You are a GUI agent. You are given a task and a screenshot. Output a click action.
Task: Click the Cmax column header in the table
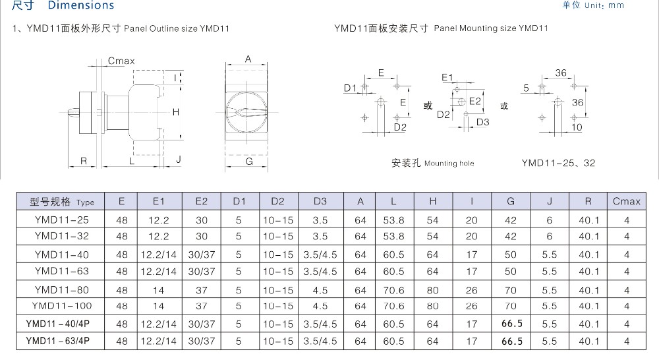[626, 202]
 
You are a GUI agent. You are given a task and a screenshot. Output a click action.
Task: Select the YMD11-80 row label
[62, 289]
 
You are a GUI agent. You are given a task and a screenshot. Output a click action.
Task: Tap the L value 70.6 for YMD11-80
[393, 290]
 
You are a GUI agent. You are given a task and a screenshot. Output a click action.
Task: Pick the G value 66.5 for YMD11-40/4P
[511, 324]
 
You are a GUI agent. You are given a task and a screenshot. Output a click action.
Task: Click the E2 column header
[201, 202]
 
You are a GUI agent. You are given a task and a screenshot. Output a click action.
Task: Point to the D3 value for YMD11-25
[320, 220]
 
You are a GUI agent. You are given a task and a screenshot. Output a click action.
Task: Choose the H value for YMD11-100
[432, 306]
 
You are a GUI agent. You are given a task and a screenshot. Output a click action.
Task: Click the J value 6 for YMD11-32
[549, 236]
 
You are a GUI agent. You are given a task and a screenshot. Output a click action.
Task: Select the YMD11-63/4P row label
[57, 341]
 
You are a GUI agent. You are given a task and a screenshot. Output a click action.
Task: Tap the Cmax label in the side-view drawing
[121, 61]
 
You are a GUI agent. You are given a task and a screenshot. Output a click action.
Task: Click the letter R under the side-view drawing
[84, 161]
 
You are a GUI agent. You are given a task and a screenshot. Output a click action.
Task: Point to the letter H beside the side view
[176, 112]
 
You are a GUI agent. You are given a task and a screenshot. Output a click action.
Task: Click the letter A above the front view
[248, 59]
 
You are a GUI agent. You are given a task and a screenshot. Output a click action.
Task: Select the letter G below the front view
[249, 162]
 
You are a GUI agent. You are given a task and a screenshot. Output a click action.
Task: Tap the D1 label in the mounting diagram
[350, 88]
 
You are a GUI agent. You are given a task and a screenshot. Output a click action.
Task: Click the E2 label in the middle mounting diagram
[475, 101]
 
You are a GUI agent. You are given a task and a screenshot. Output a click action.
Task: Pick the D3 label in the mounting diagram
[482, 122]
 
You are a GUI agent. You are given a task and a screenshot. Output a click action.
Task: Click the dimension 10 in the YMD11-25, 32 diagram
[577, 127]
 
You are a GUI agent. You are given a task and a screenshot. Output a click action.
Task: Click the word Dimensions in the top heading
[80, 5]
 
